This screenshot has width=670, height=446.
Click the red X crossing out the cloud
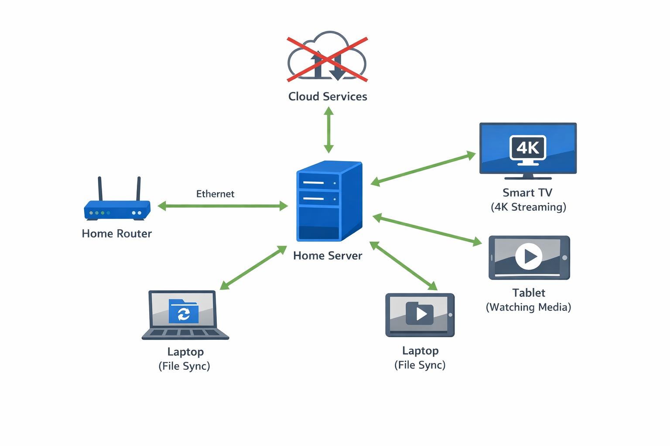[x=327, y=60]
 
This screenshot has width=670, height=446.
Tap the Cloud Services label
[x=328, y=96]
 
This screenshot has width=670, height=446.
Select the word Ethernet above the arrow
[x=215, y=194]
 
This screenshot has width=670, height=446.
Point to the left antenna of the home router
[x=100, y=188]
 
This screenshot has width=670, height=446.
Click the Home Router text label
[x=116, y=234]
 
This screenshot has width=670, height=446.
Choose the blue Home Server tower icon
[x=329, y=201]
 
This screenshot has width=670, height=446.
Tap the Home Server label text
[x=328, y=256]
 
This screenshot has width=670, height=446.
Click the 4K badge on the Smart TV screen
[x=528, y=148]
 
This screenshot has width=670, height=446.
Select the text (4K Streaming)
[x=528, y=207]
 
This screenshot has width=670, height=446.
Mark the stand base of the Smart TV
[x=528, y=177]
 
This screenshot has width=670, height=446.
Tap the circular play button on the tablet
[x=529, y=256]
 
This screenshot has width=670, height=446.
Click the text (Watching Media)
[x=528, y=307]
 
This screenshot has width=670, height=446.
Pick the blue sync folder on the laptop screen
[x=184, y=311]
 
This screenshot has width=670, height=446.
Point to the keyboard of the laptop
[x=185, y=333]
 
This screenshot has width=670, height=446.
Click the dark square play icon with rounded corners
[x=420, y=314]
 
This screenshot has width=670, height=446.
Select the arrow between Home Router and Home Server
[x=222, y=206]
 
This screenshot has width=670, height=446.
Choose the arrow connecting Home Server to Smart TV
[x=423, y=169]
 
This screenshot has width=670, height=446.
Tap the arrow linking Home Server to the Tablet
[x=427, y=230]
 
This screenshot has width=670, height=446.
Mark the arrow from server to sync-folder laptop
[x=253, y=268]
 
